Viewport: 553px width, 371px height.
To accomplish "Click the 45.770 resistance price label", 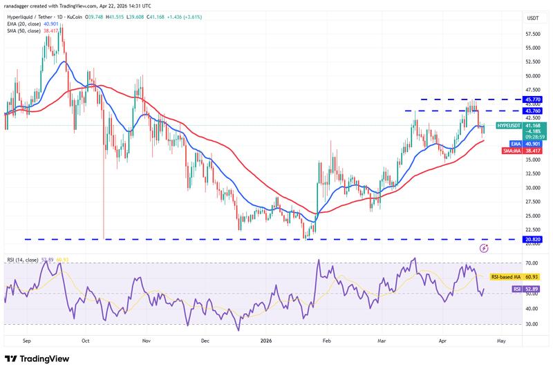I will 533,99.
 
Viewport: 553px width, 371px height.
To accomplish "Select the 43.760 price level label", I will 533,111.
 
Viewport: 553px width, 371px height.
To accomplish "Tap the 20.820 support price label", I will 533,240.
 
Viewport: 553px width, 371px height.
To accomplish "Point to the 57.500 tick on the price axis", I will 533,34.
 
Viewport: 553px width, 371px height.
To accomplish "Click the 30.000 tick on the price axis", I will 533,187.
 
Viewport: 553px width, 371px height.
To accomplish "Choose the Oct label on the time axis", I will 85,341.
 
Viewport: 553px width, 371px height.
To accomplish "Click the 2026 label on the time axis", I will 265,341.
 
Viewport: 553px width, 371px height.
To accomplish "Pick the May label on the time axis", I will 501,341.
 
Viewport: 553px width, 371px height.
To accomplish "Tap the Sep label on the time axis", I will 27,341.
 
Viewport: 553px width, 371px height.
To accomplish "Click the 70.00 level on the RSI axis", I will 532,263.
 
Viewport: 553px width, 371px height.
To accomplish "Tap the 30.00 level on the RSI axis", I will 532,323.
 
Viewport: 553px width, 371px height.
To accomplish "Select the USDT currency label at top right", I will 532,18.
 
